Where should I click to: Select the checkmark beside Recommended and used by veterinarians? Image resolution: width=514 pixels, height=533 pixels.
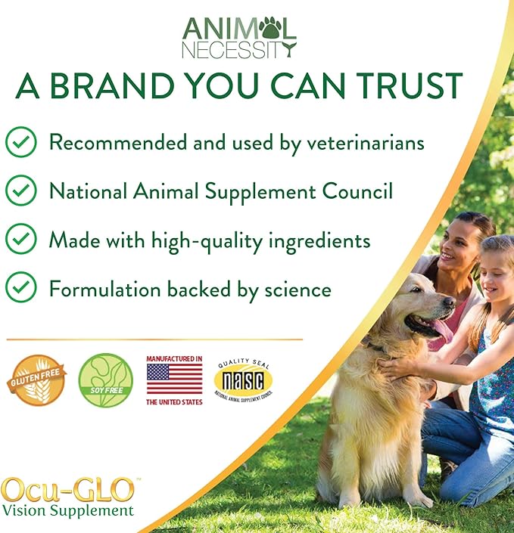[20, 142]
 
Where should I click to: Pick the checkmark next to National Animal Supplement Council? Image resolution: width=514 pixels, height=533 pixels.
[20, 191]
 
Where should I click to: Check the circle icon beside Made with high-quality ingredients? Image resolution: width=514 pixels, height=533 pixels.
[20, 240]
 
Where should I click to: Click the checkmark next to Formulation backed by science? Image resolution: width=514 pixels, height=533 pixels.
[20, 288]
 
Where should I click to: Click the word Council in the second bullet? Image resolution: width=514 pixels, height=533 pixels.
[354, 191]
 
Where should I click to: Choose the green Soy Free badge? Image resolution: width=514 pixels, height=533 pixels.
[105, 380]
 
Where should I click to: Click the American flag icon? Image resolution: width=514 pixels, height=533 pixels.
[174, 379]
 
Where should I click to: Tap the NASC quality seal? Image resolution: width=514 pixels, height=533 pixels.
[243, 380]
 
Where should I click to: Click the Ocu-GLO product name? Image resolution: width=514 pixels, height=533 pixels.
[68, 489]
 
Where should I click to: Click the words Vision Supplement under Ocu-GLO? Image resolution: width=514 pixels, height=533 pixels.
[68, 510]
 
